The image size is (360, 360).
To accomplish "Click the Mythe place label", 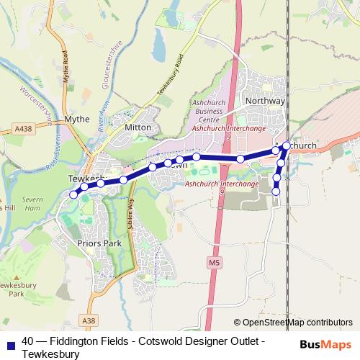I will click(77, 119).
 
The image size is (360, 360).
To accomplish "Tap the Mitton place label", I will click(138, 127).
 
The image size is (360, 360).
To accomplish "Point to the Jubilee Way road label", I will click(131, 213).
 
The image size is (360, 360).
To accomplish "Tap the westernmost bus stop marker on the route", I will click(73, 194).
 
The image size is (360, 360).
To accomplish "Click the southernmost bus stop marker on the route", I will click(276, 191).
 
